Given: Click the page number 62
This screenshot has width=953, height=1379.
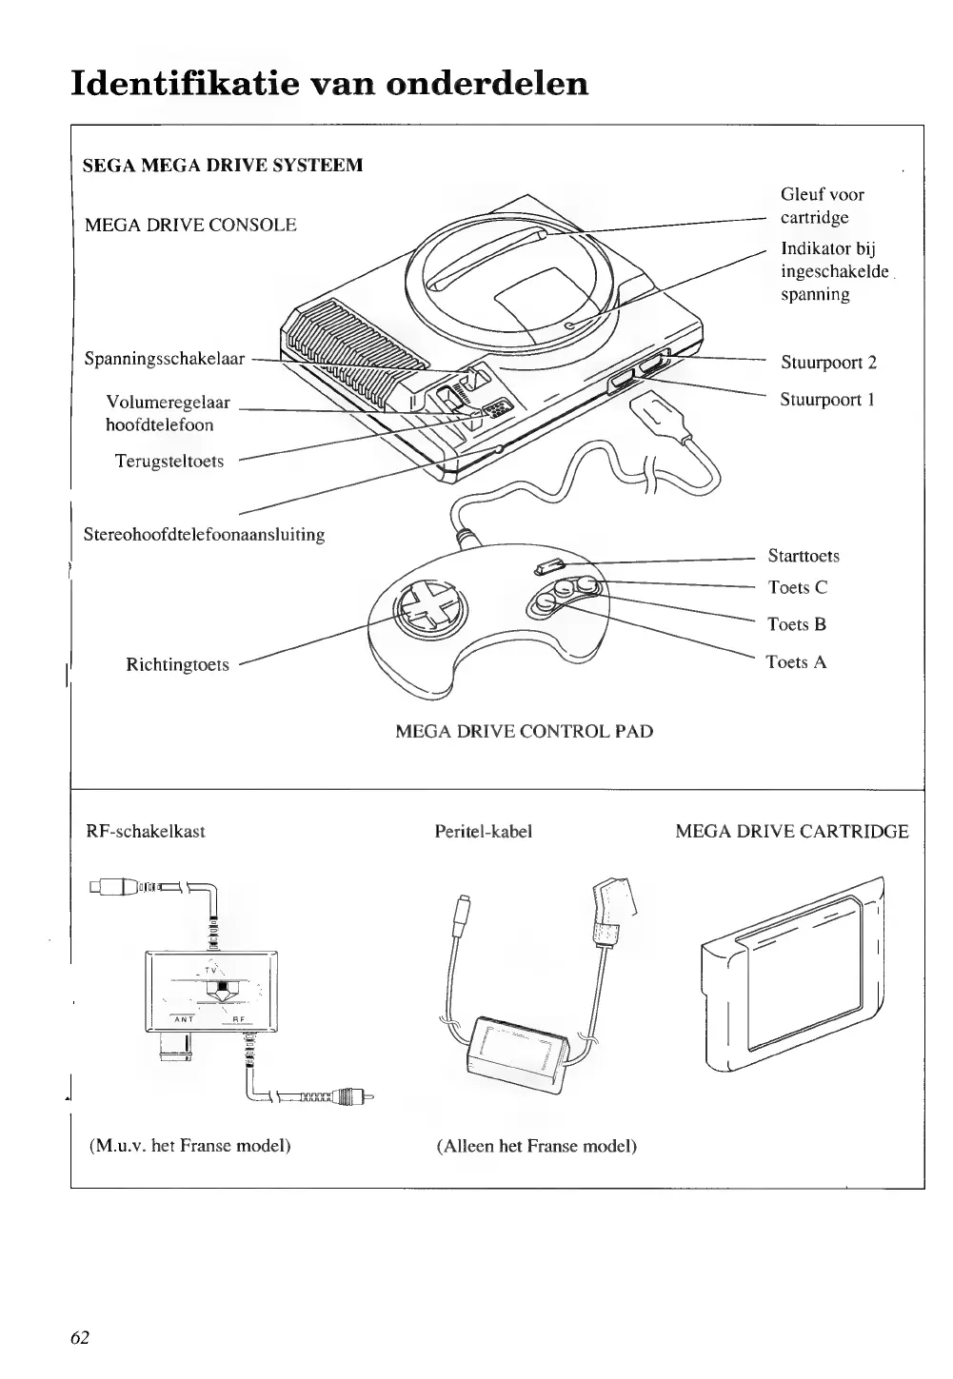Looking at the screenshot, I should (80, 1337).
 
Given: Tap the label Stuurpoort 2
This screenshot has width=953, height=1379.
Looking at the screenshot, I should (828, 363).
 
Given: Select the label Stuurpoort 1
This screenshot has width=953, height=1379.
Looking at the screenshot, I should (827, 400).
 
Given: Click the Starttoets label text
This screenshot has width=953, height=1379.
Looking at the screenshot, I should (804, 557).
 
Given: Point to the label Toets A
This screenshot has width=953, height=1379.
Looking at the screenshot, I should (796, 662).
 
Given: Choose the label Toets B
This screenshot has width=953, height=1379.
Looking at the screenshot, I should (797, 625).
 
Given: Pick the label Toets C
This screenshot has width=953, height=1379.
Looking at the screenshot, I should (798, 588).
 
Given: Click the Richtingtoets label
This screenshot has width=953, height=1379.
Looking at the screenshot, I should (177, 665).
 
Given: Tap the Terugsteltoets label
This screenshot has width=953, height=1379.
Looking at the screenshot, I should (169, 462).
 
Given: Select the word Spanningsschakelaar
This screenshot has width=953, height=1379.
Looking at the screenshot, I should (165, 360).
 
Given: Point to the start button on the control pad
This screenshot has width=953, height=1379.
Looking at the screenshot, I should (548, 569).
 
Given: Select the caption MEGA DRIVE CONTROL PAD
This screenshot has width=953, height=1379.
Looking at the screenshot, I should (524, 732).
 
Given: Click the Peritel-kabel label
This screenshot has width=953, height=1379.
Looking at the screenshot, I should (483, 832).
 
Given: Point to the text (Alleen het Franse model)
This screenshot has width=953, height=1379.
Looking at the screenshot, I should (537, 1146).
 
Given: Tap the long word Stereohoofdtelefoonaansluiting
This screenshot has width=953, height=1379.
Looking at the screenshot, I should (205, 535).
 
